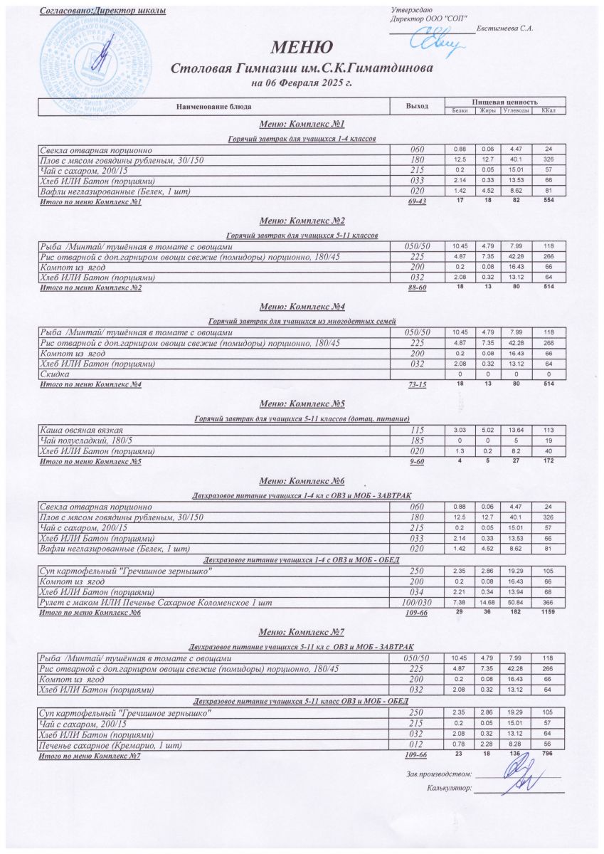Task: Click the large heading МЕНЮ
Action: [x=302, y=48]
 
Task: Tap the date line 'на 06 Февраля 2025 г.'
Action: [x=302, y=83]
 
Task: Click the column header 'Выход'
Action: [x=417, y=106]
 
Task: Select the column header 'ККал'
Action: [x=548, y=110]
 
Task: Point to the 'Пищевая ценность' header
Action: [x=504, y=102]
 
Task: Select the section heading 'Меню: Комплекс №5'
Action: [x=302, y=404]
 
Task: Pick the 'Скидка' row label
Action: [x=55, y=374]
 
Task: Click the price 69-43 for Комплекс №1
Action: [x=417, y=203]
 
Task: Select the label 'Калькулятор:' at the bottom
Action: [x=450, y=789]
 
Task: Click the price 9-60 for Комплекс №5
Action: [x=417, y=461]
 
